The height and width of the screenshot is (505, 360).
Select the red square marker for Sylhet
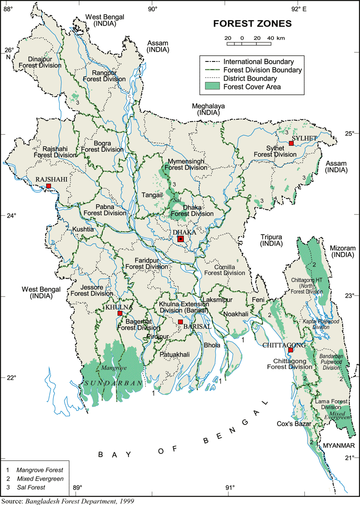pyautogui.click(x=291, y=143)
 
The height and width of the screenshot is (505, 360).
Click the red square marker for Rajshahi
pyautogui.click(x=48, y=186)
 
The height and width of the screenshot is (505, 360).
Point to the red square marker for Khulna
pyautogui.click(x=120, y=313)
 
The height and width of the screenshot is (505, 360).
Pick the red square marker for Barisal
pyautogui.click(x=180, y=322)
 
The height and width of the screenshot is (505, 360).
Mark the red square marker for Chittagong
pyautogui.click(x=291, y=350)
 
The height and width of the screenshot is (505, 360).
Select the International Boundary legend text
pyautogui.click(x=258, y=61)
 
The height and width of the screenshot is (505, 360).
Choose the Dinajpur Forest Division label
pyautogui.click(x=40, y=62)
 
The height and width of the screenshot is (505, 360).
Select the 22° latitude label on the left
pyautogui.click(x=11, y=377)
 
